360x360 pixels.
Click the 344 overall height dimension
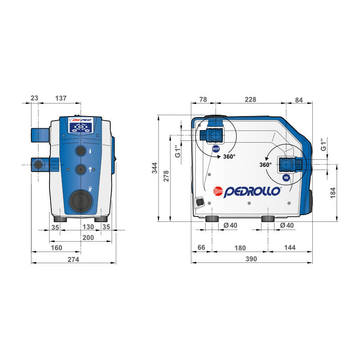coord(155,168)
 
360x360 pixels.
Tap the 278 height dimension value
coord(166,176)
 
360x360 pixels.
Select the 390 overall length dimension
coord(251,259)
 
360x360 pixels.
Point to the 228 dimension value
coord(250,99)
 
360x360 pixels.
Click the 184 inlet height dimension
coord(333,193)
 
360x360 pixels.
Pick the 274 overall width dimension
coord(73,260)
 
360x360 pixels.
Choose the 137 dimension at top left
coord(61,98)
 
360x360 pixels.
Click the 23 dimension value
coord(35,98)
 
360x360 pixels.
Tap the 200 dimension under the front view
coord(88,238)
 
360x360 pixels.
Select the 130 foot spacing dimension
coord(88,227)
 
